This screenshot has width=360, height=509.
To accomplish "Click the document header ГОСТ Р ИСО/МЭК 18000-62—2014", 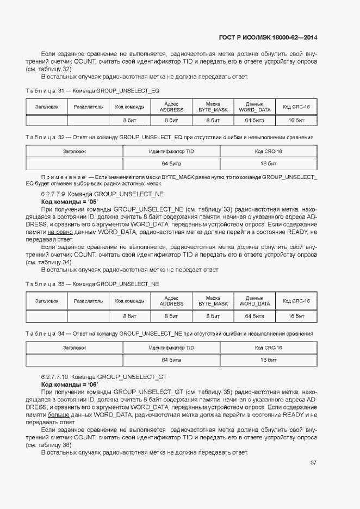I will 268,38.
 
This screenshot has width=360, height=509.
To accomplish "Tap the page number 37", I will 313,463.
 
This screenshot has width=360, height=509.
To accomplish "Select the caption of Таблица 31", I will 93,91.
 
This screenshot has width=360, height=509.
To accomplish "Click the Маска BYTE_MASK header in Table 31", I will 213,107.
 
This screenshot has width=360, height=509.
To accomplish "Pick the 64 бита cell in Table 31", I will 255,120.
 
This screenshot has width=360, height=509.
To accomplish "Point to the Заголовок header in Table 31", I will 47,107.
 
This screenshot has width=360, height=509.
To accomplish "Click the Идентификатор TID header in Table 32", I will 171,151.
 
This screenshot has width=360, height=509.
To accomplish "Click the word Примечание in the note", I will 64,177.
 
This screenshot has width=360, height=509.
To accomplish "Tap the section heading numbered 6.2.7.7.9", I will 102,194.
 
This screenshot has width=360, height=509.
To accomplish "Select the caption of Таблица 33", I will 92,284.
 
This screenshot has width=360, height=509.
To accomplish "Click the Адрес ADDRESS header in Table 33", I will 171,301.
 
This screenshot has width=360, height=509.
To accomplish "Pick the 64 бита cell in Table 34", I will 171,359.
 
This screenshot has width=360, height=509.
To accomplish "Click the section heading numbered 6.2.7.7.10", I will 104,376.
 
